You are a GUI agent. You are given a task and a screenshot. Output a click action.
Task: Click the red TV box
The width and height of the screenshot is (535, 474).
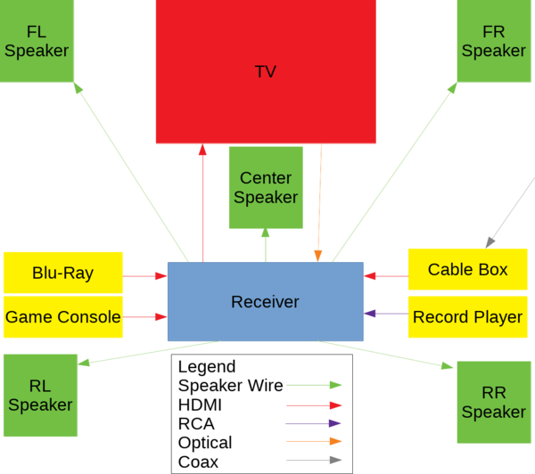pos(266,71)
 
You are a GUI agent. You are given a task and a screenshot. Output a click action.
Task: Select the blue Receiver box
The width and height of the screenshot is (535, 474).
pos(265,302)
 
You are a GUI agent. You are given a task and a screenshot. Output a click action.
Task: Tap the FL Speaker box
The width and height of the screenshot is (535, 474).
pos(37,41)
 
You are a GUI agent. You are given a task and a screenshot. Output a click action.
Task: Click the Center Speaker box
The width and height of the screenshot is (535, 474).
pos(265,187)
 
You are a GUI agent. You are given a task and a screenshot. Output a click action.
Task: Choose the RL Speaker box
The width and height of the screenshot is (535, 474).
pos(39,395)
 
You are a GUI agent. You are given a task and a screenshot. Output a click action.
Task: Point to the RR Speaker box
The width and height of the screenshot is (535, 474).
pos(493,402)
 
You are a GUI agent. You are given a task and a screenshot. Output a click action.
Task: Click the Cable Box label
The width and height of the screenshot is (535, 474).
pos(467,269)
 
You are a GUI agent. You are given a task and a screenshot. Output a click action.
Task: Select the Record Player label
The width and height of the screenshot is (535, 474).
pos(467,316)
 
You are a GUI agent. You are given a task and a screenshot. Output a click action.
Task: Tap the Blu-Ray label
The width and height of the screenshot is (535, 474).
pos(62,273)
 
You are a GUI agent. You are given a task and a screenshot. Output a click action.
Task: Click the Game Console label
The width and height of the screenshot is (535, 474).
pos(62,316)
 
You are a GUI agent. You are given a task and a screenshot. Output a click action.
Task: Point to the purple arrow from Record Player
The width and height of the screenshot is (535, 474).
pos(385,314)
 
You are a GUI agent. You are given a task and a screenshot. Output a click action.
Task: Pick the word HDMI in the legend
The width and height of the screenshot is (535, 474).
pos(201,405)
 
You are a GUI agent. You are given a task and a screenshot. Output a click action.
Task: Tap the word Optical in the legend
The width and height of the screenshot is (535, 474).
pos(205,443)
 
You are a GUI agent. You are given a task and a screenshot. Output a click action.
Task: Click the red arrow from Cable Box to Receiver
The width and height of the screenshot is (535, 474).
pos(385,276)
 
